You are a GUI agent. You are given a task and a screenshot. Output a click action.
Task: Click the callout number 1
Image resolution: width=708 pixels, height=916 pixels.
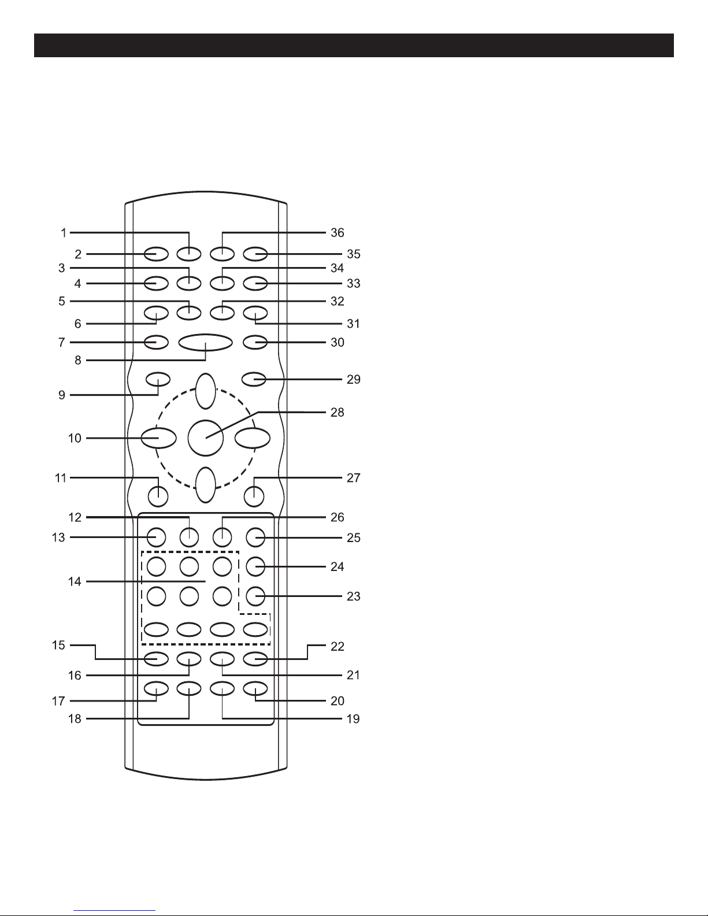[64, 233]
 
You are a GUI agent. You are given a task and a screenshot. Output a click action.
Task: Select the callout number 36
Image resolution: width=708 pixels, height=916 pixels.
[337, 233]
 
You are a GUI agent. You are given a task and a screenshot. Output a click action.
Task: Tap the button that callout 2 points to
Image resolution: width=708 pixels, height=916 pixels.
[157, 254]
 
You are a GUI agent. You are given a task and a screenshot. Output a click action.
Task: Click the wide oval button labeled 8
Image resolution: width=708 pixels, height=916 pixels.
[205, 342]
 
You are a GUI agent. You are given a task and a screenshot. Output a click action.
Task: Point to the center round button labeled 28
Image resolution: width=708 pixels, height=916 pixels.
[206, 438]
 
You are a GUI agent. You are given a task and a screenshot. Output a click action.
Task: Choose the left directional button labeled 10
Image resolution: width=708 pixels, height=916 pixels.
[158, 438]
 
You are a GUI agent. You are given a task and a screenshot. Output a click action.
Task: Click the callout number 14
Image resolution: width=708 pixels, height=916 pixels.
[75, 582]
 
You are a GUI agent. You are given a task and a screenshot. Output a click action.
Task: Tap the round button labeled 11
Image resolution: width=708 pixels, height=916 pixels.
[158, 496]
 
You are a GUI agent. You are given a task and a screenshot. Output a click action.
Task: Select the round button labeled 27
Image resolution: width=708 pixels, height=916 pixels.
[254, 496]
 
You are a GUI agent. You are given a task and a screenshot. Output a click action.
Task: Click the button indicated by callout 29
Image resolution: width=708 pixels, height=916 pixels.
[254, 379]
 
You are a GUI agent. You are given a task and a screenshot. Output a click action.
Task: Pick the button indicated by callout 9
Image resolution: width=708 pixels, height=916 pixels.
[158, 379]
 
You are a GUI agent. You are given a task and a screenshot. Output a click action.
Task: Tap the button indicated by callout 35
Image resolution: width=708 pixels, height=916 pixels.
[255, 254]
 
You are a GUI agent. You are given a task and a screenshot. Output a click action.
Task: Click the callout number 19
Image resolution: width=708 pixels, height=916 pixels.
[353, 719]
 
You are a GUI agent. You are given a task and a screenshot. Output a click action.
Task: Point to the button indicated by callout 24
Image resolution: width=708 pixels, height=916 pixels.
[255, 566]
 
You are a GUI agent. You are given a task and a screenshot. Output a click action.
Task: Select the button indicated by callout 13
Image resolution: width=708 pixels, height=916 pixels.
[157, 537]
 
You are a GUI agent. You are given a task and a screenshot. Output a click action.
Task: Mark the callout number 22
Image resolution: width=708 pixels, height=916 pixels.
[337, 646]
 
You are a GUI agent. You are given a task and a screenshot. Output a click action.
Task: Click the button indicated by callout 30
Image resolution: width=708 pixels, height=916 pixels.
[255, 342]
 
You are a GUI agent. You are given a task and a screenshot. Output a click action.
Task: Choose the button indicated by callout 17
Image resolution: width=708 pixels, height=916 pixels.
[157, 688]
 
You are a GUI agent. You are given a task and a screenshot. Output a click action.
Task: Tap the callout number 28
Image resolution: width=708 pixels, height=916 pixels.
[337, 412]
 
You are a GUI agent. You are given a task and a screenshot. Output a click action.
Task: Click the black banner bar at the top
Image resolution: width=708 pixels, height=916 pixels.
[354, 45]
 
